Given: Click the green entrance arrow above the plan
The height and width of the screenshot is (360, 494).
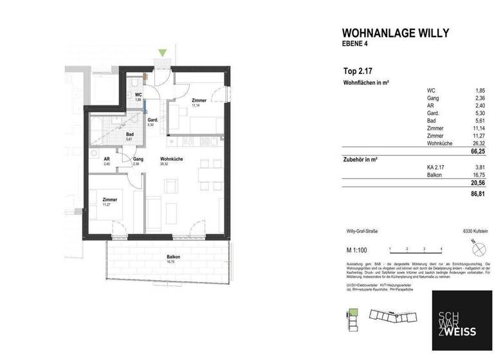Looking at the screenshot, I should (x=163, y=53).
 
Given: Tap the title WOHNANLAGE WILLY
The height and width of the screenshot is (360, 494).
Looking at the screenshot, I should (x=395, y=33).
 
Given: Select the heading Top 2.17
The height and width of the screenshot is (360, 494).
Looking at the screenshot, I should (x=357, y=71).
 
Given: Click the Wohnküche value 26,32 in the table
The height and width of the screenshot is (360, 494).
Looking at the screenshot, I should (x=477, y=144).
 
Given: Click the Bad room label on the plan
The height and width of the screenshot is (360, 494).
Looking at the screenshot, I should (x=129, y=134).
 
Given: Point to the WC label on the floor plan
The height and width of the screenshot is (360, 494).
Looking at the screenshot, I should (x=138, y=95).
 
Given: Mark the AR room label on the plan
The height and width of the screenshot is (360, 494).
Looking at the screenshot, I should (x=107, y=159).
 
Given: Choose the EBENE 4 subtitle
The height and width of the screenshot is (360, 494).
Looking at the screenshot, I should (x=356, y=44).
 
